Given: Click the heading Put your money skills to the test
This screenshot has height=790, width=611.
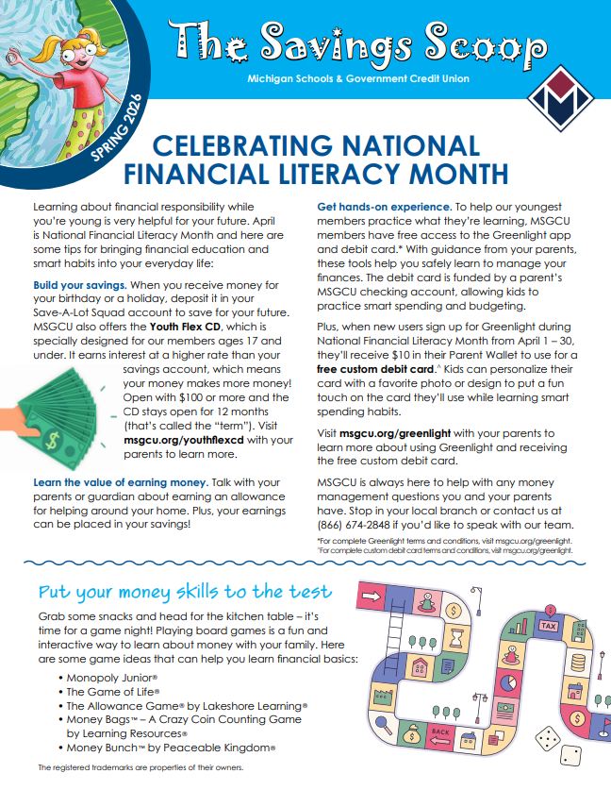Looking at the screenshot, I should click(185, 592).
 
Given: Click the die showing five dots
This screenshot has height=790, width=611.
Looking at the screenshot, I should click(547, 738).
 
